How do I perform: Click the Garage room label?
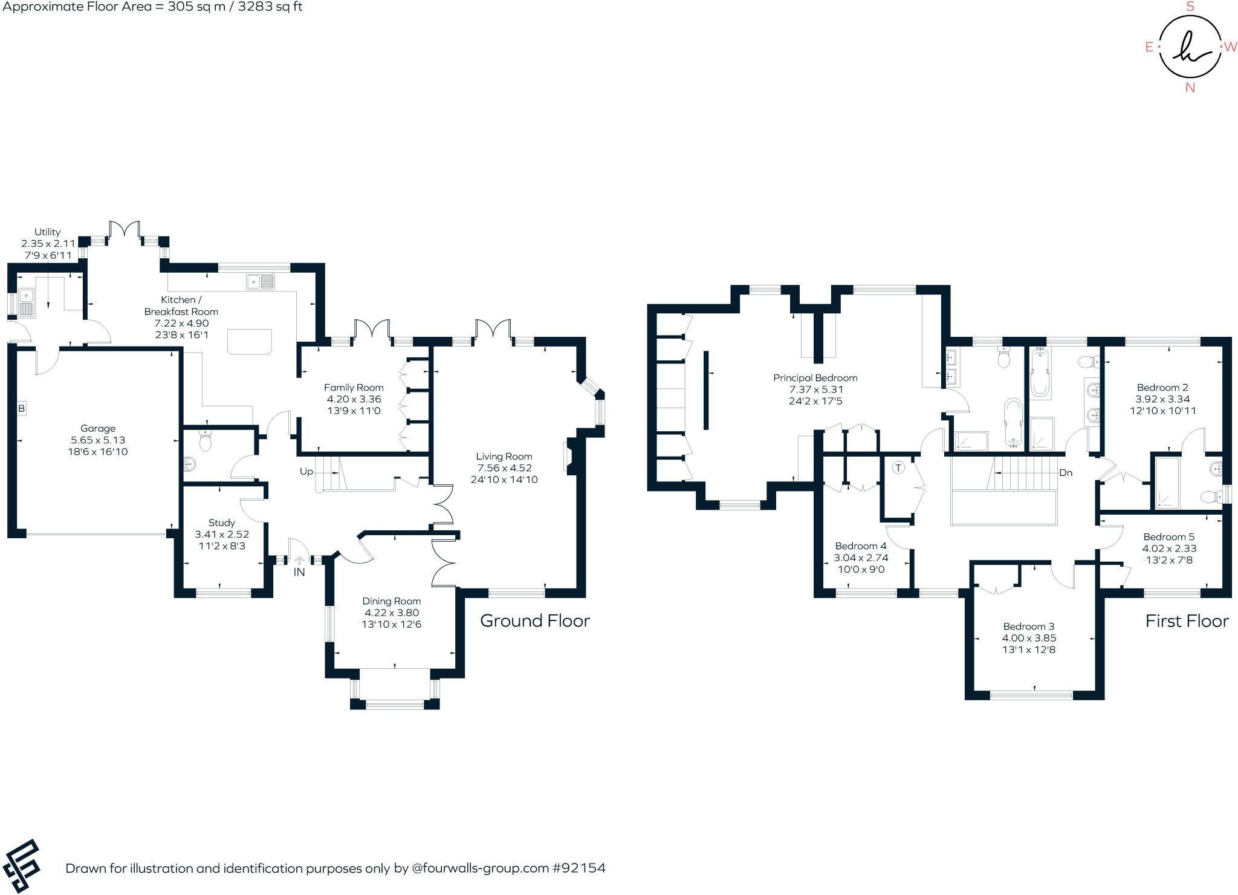[98, 428]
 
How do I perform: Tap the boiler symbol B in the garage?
[21, 409]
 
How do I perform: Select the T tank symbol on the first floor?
[898, 467]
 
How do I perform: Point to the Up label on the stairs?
[306, 472]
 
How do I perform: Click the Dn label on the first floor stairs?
[1066, 473]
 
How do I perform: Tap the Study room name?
[222, 522]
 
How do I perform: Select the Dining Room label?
[392, 601]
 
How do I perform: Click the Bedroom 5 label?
[1169, 537]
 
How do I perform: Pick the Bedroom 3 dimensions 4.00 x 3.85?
[1029, 638]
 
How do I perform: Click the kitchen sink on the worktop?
[261, 281]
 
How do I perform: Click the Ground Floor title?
[535, 621]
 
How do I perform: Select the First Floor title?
[1187, 621]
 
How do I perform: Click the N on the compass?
[1190, 88]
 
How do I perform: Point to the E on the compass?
[1149, 47]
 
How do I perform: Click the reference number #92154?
[578, 868]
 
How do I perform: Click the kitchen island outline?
[250, 342]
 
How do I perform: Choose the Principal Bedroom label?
[815, 378]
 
